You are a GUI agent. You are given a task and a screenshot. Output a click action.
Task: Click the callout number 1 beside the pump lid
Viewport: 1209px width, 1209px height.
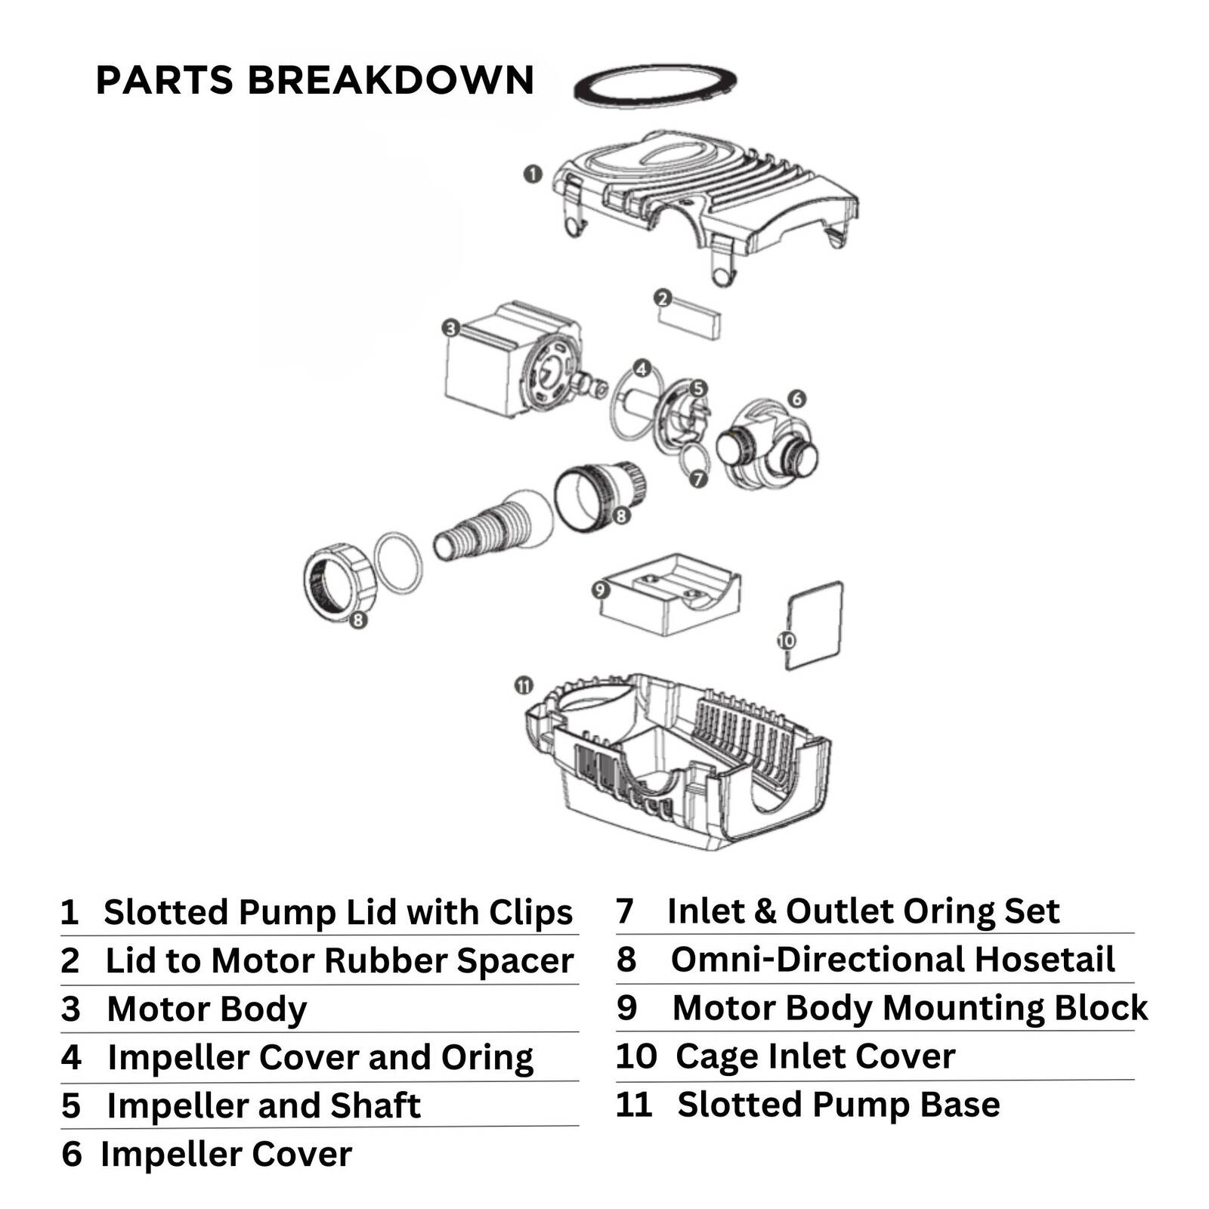533,174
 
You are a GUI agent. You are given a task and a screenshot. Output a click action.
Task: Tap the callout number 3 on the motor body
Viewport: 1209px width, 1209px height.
451,328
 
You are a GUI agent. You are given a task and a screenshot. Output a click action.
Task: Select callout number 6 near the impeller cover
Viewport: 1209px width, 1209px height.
796,397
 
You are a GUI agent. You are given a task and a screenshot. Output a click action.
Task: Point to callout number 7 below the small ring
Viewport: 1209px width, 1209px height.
698,478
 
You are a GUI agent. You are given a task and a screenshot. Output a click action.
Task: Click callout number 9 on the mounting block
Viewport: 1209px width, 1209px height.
601,589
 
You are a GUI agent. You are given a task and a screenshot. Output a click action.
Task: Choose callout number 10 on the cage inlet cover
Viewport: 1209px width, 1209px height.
787,641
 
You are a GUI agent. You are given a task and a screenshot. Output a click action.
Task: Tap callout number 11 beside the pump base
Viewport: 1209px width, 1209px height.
524,686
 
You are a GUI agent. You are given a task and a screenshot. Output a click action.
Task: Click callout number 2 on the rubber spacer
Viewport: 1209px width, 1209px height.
663,298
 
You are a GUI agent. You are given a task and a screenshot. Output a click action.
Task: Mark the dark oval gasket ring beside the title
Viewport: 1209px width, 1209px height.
655,83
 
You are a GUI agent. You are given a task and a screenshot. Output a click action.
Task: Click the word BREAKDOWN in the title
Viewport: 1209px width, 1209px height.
391,80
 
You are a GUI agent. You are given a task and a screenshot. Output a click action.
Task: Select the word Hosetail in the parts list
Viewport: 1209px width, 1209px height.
1044,959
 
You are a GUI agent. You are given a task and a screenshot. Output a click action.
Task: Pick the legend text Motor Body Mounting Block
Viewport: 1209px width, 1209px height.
910,1007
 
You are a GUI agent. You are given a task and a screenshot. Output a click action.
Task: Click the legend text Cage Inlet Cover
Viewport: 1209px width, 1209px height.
815,1056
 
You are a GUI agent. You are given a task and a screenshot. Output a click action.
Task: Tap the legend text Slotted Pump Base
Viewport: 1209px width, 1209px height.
838,1104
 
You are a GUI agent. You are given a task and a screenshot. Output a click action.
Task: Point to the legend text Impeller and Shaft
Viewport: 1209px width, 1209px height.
263,1105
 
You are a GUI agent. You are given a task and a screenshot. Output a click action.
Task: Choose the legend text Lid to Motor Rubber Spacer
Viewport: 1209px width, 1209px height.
339,960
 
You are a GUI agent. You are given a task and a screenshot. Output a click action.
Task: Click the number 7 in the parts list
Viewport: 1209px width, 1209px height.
624,911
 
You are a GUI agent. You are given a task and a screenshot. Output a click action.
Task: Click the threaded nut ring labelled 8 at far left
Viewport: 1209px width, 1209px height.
339,582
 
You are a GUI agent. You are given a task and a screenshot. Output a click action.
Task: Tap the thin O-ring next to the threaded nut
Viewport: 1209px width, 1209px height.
398,563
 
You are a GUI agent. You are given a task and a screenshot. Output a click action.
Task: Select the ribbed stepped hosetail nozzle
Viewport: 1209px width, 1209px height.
476,529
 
